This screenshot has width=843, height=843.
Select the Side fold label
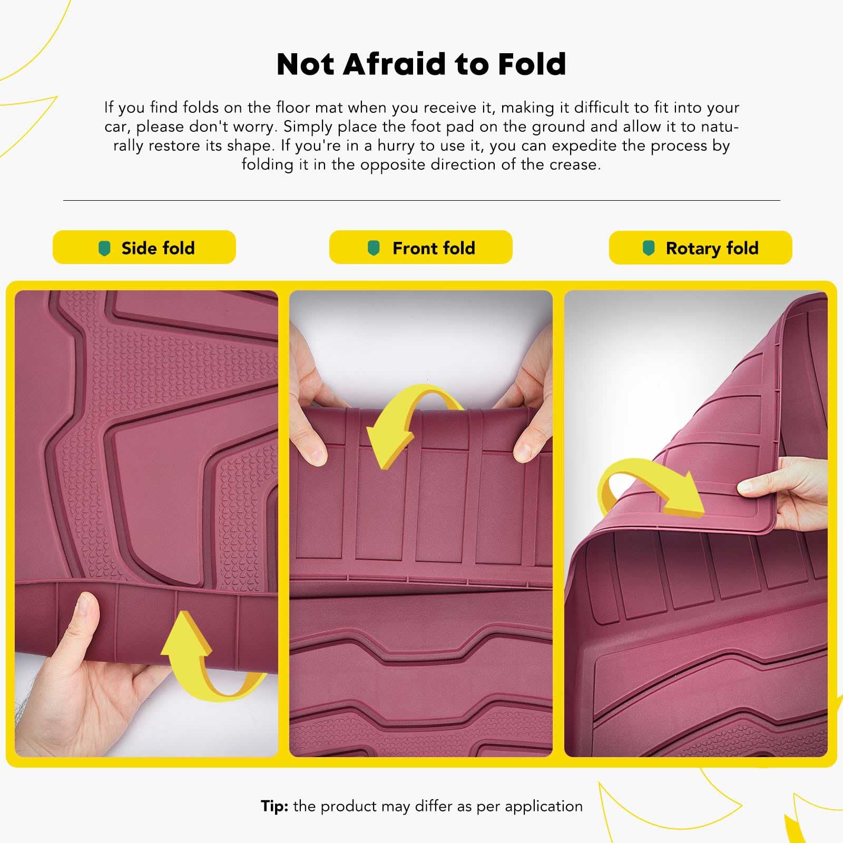tap(158, 248)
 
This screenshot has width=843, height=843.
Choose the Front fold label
tap(433, 248)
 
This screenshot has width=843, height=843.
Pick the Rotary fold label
tap(712, 248)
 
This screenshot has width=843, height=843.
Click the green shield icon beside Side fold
tap(105, 248)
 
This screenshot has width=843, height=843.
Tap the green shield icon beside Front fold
tap(374, 248)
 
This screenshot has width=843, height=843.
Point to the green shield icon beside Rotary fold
tap(649, 248)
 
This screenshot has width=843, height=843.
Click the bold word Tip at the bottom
tap(274, 806)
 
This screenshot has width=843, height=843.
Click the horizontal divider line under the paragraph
tap(421, 200)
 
